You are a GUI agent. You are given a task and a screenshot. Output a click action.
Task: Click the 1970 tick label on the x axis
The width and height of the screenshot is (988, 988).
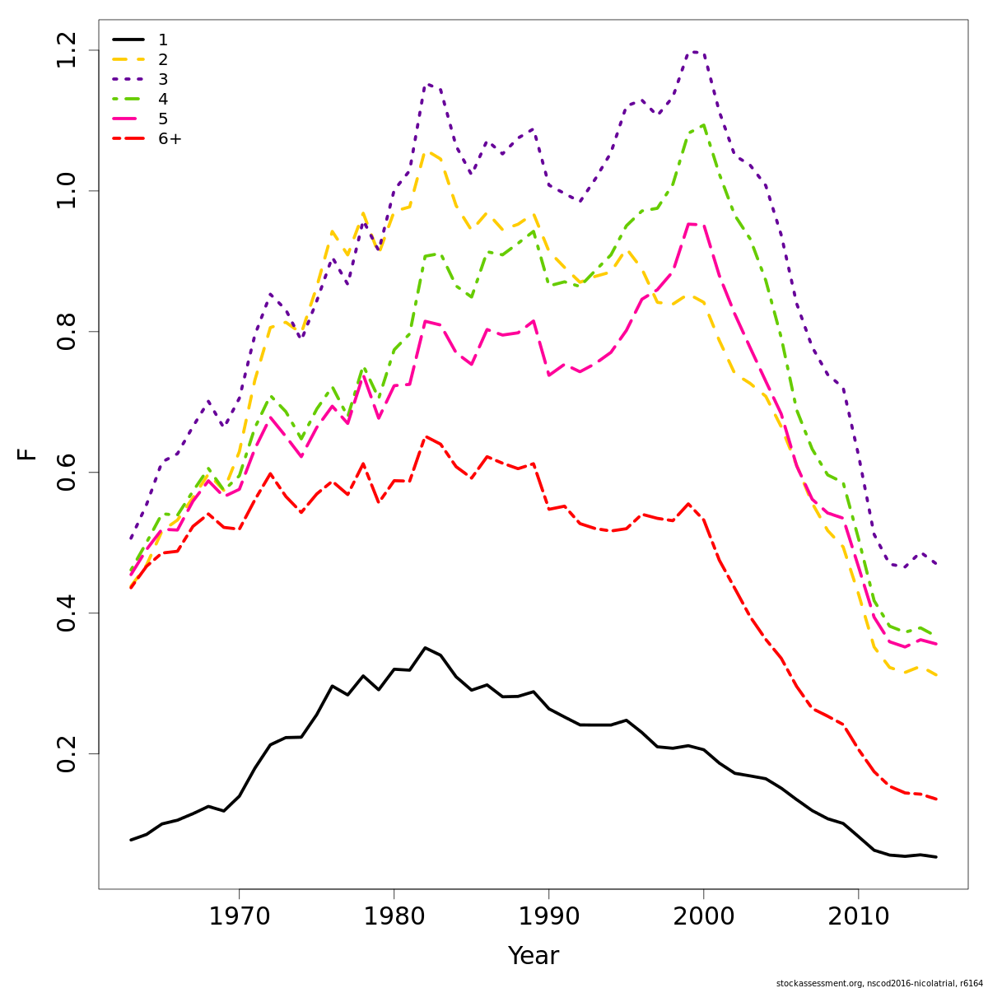[239, 916]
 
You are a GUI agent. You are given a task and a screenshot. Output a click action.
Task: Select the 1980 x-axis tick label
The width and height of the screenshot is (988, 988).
[394, 916]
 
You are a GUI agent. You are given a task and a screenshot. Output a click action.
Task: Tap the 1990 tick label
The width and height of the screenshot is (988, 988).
[548, 916]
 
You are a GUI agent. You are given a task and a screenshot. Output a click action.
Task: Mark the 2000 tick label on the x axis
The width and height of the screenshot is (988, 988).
[703, 916]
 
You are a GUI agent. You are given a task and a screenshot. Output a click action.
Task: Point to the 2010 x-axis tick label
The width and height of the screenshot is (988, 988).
[858, 916]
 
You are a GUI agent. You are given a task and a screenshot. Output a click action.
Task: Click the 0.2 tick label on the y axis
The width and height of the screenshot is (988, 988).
[68, 753]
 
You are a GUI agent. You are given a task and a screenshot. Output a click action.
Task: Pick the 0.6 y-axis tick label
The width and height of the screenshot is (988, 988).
[68, 473]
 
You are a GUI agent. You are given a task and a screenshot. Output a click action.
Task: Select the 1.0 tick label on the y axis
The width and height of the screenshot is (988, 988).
[68, 191]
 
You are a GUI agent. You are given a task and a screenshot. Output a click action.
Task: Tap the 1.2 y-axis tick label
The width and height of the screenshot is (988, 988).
[68, 50]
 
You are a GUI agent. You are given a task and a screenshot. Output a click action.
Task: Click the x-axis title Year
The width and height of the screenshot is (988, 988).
[533, 956]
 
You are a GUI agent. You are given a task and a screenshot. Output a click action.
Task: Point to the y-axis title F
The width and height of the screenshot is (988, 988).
[28, 454]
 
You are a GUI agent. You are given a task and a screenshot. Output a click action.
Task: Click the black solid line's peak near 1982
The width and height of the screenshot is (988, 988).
[425, 648]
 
